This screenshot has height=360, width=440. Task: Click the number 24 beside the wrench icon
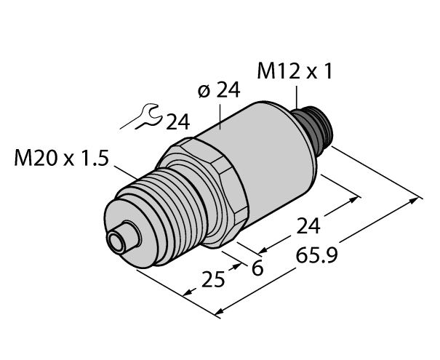(x=177, y=121)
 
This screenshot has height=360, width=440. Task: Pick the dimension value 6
(x=257, y=268)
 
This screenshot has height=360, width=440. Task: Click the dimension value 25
(x=214, y=278)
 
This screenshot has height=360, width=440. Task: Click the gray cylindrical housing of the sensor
(x=262, y=156)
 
